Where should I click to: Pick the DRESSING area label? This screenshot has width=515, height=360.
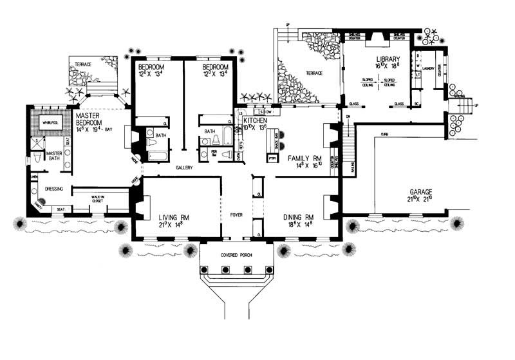click(x=54, y=189)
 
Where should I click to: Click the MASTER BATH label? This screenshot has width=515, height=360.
click(x=54, y=156)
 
